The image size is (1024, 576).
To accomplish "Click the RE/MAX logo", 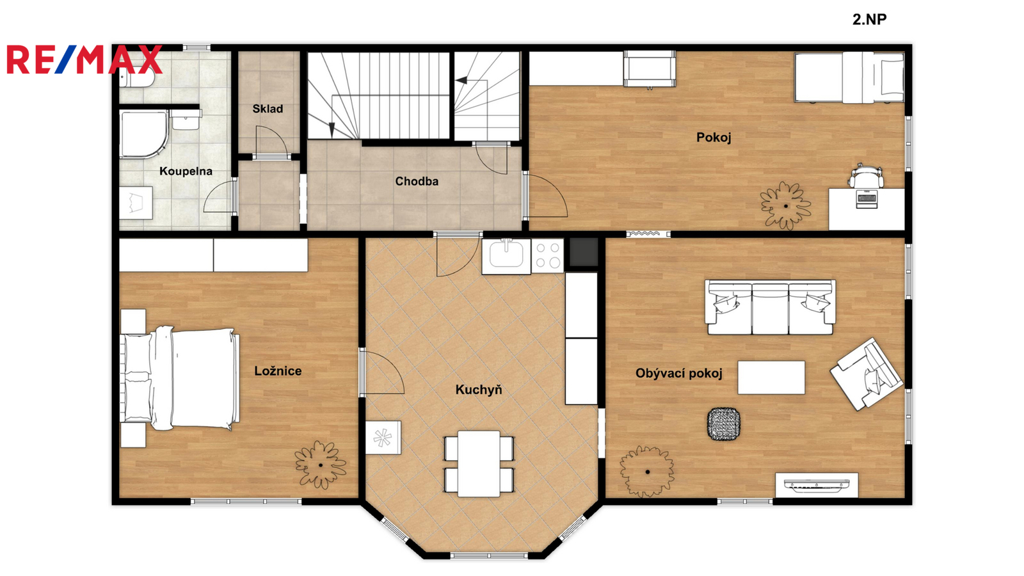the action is tap(84, 60).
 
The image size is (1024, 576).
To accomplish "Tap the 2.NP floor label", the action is tap(869, 19).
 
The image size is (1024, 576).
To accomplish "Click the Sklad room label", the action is tap(268, 109).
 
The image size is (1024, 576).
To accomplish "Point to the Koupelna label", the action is tap(186, 172).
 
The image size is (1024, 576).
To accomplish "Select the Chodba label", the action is tap(417, 182).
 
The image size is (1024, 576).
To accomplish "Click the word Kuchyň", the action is tap(479, 390).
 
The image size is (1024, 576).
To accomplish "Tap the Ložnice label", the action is tap(278, 371).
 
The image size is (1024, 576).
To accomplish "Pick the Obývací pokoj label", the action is tap(679, 374).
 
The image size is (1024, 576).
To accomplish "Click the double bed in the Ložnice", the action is tap(180, 378).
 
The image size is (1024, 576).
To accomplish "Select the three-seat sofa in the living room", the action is tap(771, 307).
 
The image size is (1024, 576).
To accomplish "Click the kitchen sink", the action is tap(506, 254).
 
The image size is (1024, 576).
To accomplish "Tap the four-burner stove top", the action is tap(548, 256).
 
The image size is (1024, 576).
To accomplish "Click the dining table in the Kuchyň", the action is tap(479, 463).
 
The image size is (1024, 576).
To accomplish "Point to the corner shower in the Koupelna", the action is tap(143, 134).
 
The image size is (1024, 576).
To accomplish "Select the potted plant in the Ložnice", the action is tap(320, 465).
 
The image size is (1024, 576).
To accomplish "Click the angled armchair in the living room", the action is tap(867, 374).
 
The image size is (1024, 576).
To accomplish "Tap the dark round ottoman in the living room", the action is tap(724, 424).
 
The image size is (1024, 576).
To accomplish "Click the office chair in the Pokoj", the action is tap(866, 175).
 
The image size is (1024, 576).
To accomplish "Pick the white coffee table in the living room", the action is tap(771, 378).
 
